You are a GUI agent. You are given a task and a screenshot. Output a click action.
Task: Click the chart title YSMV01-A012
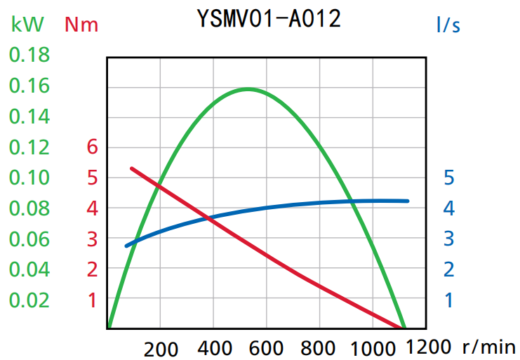(269, 19)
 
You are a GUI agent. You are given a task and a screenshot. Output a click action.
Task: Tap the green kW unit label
(27, 25)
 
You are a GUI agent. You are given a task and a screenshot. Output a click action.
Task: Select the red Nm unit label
(81, 25)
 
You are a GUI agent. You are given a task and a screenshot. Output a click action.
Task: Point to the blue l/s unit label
(448, 25)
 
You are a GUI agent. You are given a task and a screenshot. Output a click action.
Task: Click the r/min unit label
(488, 346)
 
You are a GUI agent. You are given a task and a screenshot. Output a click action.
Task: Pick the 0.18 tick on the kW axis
(29, 55)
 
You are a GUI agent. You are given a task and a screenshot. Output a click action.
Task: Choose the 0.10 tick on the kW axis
(29, 178)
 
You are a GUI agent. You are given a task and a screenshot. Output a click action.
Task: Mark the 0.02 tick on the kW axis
(29, 300)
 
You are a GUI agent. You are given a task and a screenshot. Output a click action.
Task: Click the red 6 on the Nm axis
(92, 147)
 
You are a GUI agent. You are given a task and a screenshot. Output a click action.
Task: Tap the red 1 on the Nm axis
(92, 300)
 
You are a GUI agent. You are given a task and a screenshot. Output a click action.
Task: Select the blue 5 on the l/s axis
(449, 178)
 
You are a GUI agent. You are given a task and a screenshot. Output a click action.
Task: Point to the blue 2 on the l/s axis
(449, 269)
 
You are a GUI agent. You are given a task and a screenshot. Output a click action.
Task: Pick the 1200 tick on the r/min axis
(429, 346)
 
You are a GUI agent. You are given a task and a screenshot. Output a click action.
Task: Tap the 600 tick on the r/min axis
(267, 347)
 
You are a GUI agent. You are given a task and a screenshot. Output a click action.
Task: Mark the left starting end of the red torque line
(132, 168)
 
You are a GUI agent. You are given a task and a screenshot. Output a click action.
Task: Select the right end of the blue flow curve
(407, 201)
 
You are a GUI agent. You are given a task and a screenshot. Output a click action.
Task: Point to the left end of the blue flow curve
(126, 246)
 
